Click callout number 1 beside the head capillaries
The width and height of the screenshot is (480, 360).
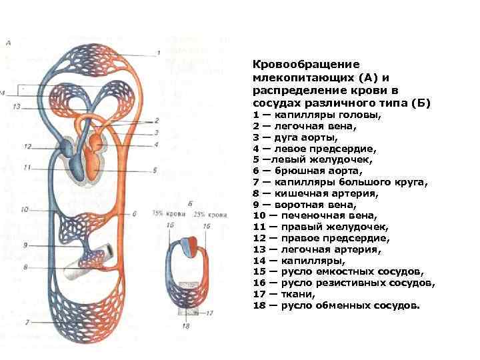159,53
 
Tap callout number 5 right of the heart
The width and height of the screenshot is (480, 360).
155,170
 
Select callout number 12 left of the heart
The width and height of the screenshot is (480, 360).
27,146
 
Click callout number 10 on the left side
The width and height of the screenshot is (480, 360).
25,209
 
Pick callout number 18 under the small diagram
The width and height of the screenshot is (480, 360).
185,326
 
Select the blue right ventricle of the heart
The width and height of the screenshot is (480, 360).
77,164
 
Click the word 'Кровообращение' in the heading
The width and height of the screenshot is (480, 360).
306,65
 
